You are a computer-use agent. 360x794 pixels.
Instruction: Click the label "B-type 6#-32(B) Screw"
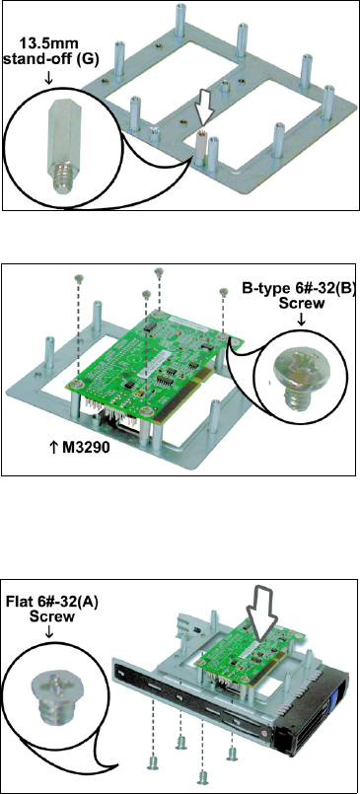tap(300, 297)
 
